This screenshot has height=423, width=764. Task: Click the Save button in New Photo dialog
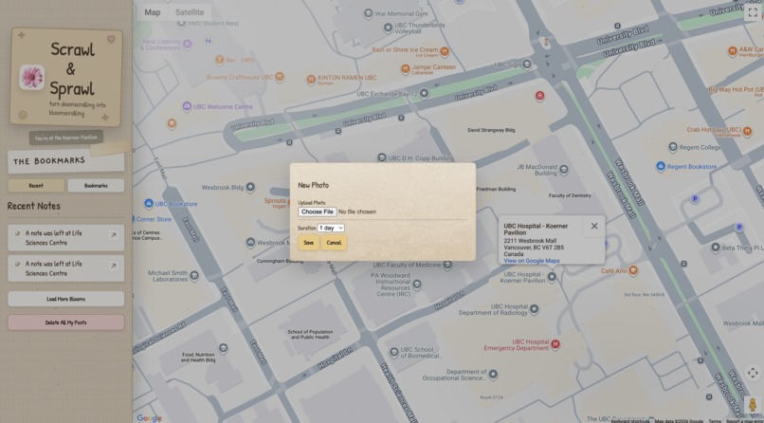pos(308,243)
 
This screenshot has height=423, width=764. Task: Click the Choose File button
pos(317,211)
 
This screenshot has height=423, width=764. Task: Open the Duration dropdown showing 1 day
pos(331,228)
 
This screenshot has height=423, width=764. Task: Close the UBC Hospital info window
pos(594,226)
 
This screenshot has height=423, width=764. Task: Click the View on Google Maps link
pos(531,261)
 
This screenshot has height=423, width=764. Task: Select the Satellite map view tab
pos(190,12)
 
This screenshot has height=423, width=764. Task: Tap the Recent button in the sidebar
pos(36,186)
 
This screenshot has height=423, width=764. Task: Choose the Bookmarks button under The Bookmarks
pos(96,186)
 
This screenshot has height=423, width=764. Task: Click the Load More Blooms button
pos(65,299)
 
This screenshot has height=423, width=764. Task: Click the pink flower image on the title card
pos(32,77)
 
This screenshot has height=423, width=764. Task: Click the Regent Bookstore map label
pos(692,167)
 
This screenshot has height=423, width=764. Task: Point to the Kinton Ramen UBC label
pos(347,78)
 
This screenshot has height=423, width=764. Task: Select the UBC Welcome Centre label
pos(223,106)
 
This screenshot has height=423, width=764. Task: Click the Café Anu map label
pos(613,271)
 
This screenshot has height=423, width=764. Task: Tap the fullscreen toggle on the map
pos(753,12)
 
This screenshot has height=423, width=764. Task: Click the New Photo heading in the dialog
pos(314,185)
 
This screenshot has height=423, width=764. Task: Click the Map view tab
pos(153,12)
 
